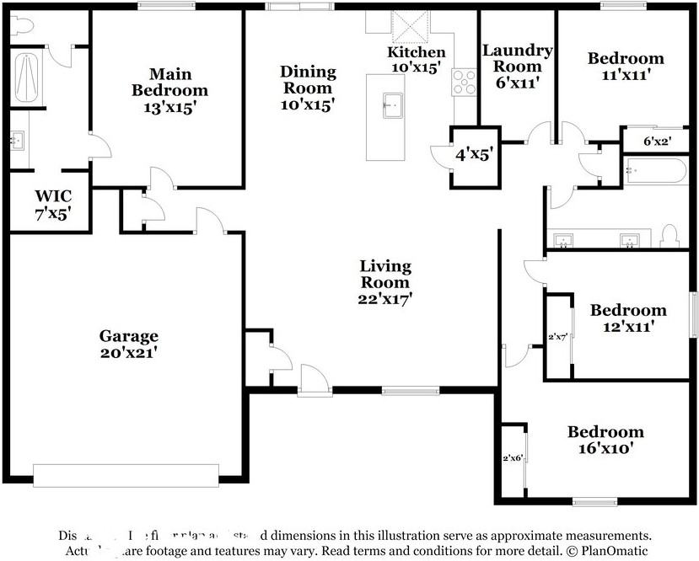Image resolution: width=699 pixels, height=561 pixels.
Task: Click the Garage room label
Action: pos(128,344)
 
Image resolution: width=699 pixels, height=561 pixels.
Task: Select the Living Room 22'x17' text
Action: pos(385,281)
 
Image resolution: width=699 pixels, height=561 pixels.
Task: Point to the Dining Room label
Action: pos(308,88)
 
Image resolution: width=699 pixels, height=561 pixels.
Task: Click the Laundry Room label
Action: pos(517,66)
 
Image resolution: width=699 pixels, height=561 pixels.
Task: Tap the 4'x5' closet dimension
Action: pos(474,155)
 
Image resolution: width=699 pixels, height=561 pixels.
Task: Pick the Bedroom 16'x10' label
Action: pos(605,441)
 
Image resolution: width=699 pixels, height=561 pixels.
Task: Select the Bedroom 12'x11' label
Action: pos(627,318)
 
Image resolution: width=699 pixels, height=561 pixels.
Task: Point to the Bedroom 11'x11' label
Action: pos(626,66)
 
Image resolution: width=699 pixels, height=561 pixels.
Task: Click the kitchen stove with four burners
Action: pos(464,81)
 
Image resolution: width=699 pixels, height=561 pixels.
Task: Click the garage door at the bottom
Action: pos(125,474)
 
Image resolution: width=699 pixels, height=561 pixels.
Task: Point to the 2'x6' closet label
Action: pos(513,459)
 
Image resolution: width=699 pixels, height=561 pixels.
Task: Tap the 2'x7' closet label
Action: pos(557,336)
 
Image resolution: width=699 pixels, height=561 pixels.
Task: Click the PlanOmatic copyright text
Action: pos(607,551)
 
